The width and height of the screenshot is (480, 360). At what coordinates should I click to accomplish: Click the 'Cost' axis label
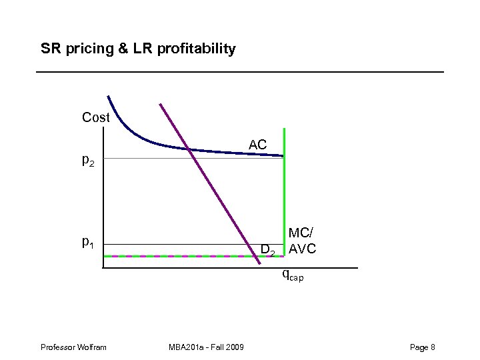coord(95,117)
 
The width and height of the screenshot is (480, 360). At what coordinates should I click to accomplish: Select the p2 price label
coord(88,160)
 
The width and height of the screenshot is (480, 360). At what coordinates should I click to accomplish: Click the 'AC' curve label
coord(258,145)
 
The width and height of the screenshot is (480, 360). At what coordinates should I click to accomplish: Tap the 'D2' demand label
coord(268,251)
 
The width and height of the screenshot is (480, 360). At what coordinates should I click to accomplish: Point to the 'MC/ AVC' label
coord(302,241)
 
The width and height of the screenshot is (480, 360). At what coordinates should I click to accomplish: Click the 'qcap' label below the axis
coord(292,274)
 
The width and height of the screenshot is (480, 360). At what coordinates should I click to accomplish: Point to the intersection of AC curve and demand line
coord(191,149)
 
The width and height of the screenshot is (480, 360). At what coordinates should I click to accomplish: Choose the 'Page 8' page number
coord(423,347)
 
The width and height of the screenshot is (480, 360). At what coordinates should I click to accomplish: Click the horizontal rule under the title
coord(240,71)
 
